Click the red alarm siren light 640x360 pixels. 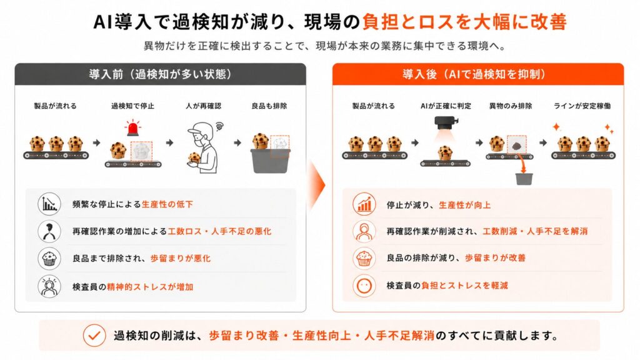tap(132, 127)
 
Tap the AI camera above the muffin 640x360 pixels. tap(446, 122)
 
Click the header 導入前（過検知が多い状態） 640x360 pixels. tap(161, 74)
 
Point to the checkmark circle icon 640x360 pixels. tap(94, 336)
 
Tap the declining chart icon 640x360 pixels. tap(49, 204)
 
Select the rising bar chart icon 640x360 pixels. tap(364, 204)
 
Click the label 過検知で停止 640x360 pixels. tap(132, 106)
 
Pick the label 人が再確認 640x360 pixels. tap(203, 106)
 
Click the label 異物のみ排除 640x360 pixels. tap(511, 106)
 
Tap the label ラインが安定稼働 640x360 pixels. tap(582, 106)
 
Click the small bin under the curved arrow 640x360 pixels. tap(524, 179)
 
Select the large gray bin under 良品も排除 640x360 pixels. tap(270, 161)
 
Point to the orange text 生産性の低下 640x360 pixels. tap(167, 204)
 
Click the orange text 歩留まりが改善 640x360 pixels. tap(495, 258)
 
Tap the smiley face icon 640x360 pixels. tap(364, 285)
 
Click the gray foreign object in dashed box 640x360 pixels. tap(516, 145)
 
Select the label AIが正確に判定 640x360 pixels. tap(446, 106)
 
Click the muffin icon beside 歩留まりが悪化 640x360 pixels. tap(49, 258)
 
